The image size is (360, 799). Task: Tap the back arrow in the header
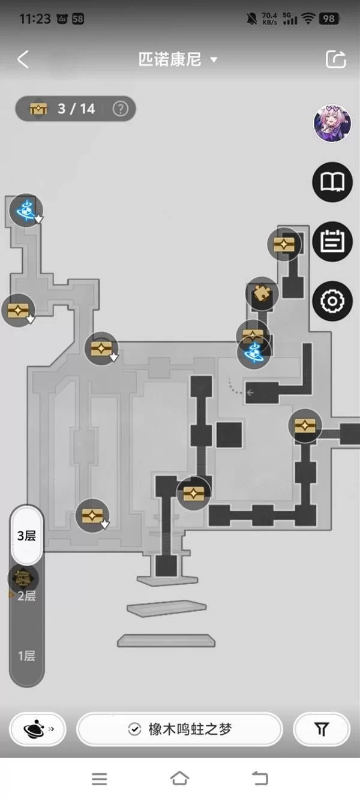[x=23, y=59]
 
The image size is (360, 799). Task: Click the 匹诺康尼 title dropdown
[x=178, y=59]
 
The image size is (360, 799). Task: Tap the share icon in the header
[x=336, y=59]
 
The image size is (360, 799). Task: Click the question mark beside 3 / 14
[x=120, y=109]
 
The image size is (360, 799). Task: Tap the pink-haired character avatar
[x=332, y=123]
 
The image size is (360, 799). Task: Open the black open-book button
[x=332, y=182]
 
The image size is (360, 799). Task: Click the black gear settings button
[x=332, y=301]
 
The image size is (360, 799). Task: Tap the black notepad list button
[x=332, y=242]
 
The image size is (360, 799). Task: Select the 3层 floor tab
[x=27, y=536]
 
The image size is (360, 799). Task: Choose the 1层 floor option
[x=27, y=656]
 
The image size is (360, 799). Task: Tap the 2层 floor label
[x=27, y=596]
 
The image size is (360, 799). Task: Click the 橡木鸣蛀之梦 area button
[x=180, y=729]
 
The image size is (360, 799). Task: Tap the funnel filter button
[x=322, y=729]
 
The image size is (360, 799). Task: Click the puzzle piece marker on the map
[x=262, y=293]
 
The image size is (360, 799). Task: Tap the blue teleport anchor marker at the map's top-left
[x=26, y=211]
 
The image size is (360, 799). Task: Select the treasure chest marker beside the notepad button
[x=284, y=244]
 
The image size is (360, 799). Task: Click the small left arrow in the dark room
[x=250, y=393]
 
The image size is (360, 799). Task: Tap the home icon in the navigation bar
[x=179, y=779]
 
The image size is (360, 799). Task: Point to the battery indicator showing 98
[x=329, y=19]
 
